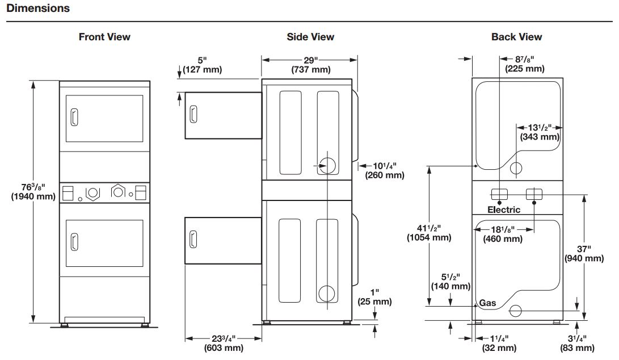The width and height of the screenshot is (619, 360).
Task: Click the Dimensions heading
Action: coord(38,8)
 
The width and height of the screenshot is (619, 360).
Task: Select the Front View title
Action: coord(104,37)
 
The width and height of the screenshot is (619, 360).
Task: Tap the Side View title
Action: coord(310,37)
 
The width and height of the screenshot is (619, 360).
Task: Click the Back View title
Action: coord(516,37)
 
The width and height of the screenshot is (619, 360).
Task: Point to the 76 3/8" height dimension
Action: coord(33,192)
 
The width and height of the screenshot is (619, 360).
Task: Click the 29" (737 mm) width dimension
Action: coord(310,65)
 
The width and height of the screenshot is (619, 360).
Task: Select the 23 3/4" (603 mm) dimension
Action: coord(224,342)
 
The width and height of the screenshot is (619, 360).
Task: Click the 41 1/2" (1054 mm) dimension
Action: coord(429,232)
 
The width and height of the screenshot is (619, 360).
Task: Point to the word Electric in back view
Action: coord(504,210)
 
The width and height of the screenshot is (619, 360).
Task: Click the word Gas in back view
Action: coord(487,303)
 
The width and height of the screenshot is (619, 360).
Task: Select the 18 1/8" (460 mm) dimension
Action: coord(503,234)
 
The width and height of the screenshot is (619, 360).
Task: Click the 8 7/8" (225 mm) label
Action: coord(525,64)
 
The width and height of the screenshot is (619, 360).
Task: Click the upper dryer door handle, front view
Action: coord(73,118)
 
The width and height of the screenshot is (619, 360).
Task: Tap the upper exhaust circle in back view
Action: coord(516,168)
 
